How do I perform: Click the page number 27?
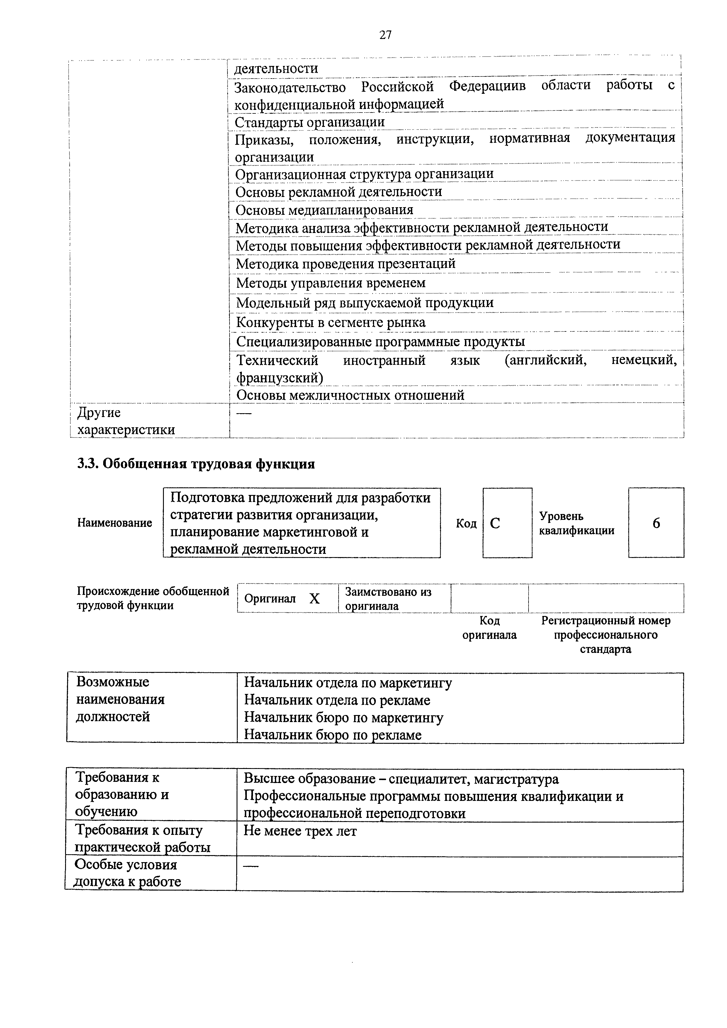point(385,35)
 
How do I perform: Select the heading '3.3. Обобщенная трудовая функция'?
point(196,464)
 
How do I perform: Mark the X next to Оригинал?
point(315,599)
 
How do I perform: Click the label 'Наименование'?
point(115,523)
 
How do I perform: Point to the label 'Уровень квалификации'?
point(577,523)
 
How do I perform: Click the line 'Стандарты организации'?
point(310,122)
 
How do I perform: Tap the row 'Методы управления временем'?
point(331,283)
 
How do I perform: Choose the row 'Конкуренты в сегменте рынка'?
point(331,322)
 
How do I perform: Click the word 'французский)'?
point(279,378)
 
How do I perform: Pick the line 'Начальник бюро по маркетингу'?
point(344,717)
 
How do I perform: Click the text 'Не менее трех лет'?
point(300,831)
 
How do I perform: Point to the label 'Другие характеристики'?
point(125,421)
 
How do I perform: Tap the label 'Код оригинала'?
point(489,628)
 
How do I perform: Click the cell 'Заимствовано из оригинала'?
point(388,599)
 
